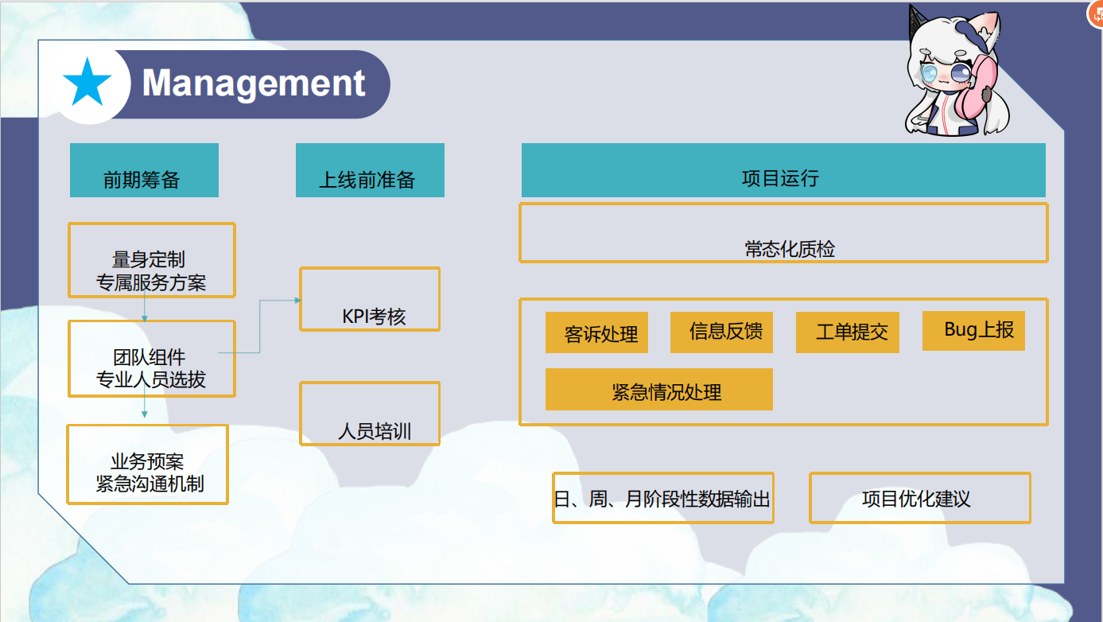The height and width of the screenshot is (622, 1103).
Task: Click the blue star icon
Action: (x=87, y=84)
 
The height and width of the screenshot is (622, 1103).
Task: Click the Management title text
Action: (x=254, y=83)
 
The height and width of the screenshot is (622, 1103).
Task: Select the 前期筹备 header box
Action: (x=144, y=170)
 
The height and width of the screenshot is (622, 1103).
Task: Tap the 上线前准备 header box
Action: (x=370, y=170)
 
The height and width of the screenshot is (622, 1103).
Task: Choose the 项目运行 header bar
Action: (x=783, y=170)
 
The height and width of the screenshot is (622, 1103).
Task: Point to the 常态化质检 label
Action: (x=790, y=249)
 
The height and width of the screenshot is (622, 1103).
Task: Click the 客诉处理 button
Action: (x=596, y=332)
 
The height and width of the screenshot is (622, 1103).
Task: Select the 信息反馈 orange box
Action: (x=721, y=332)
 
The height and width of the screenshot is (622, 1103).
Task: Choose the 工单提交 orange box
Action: (x=848, y=332)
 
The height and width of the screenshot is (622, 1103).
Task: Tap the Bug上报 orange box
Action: (x=973, y=331)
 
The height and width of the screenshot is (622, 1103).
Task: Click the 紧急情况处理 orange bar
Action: (x=658, y=389)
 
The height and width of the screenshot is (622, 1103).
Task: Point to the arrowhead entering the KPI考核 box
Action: (x=297, y=300)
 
